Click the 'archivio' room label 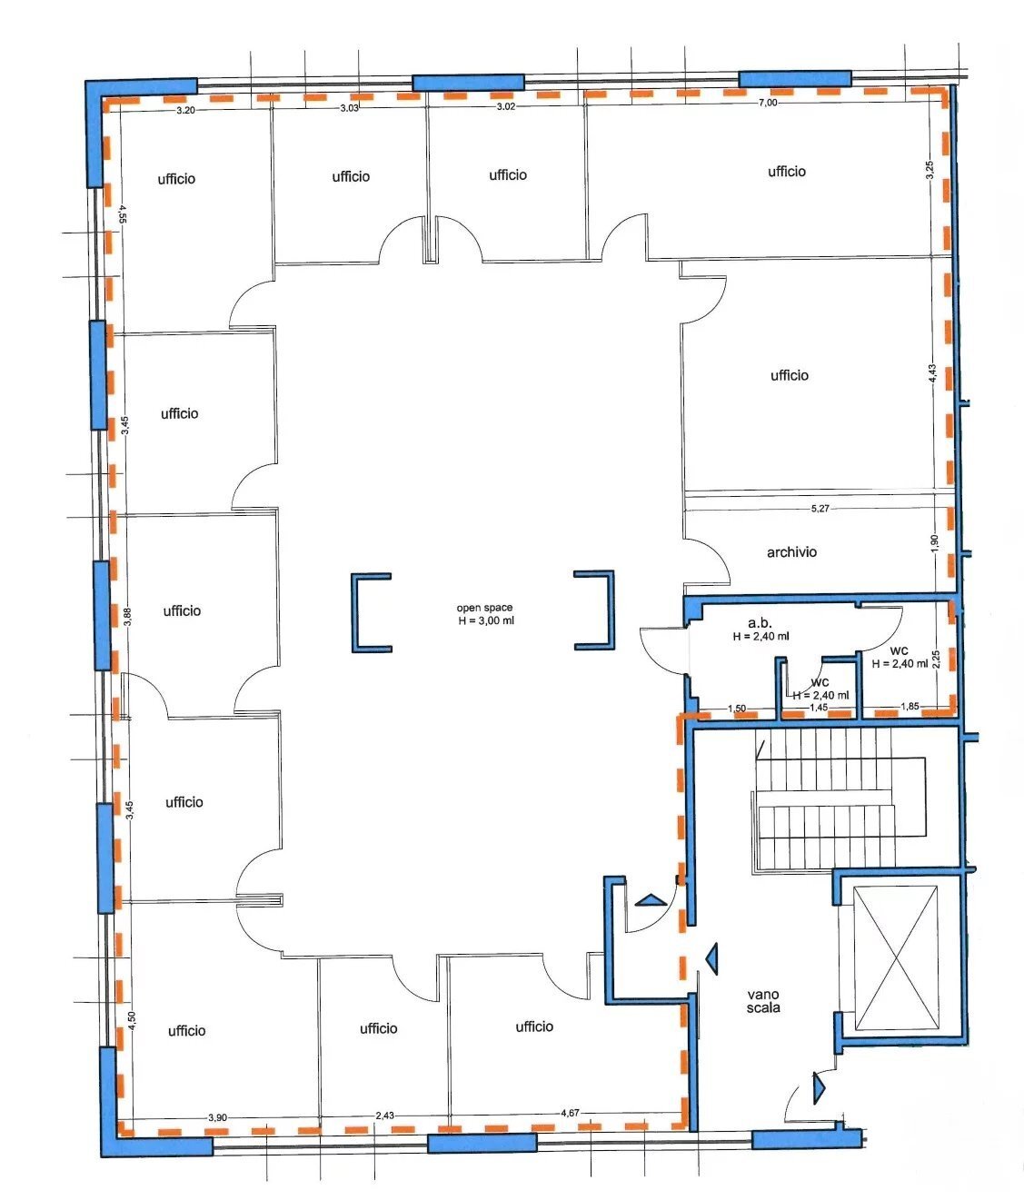791,552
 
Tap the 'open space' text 484,608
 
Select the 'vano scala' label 763,1001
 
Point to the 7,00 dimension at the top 767,103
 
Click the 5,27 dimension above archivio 820,509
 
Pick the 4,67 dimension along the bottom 570,1113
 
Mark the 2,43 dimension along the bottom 384,1116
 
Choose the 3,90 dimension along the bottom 217,1117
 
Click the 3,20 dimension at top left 185,110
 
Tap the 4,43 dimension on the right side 932,372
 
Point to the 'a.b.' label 760,623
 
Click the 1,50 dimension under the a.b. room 737,709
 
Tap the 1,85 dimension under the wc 910,707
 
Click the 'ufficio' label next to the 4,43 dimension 790,375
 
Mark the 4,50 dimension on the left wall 132,1021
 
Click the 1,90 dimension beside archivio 934,543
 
